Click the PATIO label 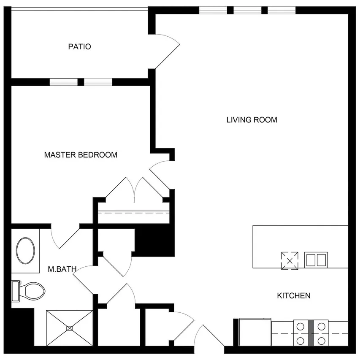[79, 47]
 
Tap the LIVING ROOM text [252, 120]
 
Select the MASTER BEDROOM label [81, 155]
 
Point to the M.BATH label [59, 268]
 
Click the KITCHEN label [293, 295]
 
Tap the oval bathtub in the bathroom [26, 251]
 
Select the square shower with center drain [69, 328]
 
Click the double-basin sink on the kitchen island [317, 260]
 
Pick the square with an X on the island [290, 260]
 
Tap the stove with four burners [311, 333]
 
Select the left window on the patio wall [64, 82]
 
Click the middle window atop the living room [247, 10]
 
